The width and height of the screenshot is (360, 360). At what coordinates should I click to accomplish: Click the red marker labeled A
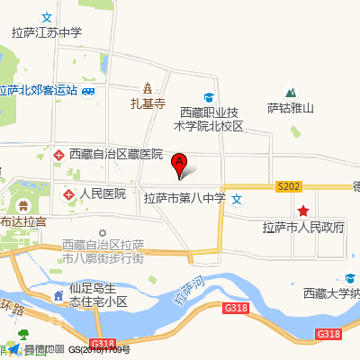(x=179, y=165)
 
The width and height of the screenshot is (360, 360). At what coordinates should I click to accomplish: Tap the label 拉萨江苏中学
(x=47, y=32)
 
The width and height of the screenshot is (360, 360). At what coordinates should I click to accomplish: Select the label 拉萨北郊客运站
(x=39, y=91)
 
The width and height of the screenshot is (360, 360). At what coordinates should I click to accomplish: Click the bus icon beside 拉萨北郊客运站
(x=88, y=91)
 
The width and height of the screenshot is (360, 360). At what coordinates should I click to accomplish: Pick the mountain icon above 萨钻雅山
(x=291, y=92)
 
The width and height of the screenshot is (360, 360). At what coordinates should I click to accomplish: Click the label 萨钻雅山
(x=290, y=109)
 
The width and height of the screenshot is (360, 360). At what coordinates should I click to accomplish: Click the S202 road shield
(x=288, y=186)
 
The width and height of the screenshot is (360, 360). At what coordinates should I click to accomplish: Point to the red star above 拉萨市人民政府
(x=303, y=210)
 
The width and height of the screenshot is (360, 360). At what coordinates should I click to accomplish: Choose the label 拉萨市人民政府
(x=303, y=227)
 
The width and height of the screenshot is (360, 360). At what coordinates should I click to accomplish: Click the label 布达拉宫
(x=22, y=220)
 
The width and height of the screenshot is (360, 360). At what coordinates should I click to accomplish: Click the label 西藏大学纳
(x=331, y=293)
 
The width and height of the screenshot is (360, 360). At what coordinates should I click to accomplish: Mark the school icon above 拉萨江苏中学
(x=47, y=17)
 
